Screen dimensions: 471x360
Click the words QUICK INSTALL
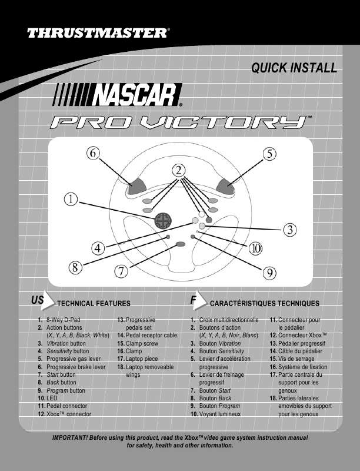[x=294, y=68]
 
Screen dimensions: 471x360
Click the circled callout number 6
[x=92, y=153]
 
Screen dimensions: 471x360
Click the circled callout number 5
[x=269, y=154]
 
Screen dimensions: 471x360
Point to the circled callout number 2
[x=178, y=170]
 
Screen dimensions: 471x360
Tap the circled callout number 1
[x=71, y=200]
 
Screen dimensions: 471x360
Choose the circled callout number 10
[x=255, y=248]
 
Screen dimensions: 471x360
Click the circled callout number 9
[x=269, y=272]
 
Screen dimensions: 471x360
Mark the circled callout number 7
[x=121, y=271]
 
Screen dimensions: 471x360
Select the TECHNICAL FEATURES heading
[x=94, y=304]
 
